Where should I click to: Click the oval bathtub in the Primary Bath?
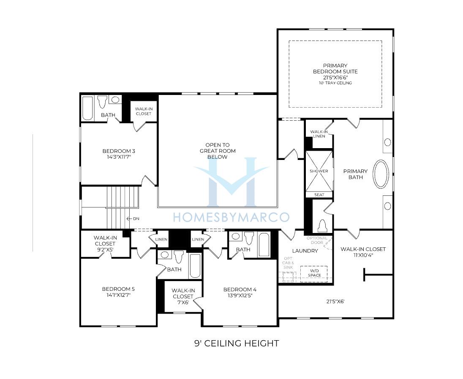point(381,174)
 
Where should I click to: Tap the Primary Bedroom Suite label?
point(335,68)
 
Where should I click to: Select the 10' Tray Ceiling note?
point(335,83)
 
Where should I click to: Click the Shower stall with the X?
point(319,171)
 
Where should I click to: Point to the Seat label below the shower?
point(319,195)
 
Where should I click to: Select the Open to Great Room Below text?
point(218,151)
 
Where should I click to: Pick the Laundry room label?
point(305,251)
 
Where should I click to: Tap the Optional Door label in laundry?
point(317,240)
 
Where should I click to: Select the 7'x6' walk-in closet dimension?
point(183,302)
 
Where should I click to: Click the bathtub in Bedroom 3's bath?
point(87,108)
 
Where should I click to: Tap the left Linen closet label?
point(161,239)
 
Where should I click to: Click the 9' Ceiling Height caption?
point(237,343)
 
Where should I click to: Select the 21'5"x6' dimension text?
point(335,301)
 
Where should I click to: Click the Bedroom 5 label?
point(118,289)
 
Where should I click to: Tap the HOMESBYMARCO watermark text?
point(231,217)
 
